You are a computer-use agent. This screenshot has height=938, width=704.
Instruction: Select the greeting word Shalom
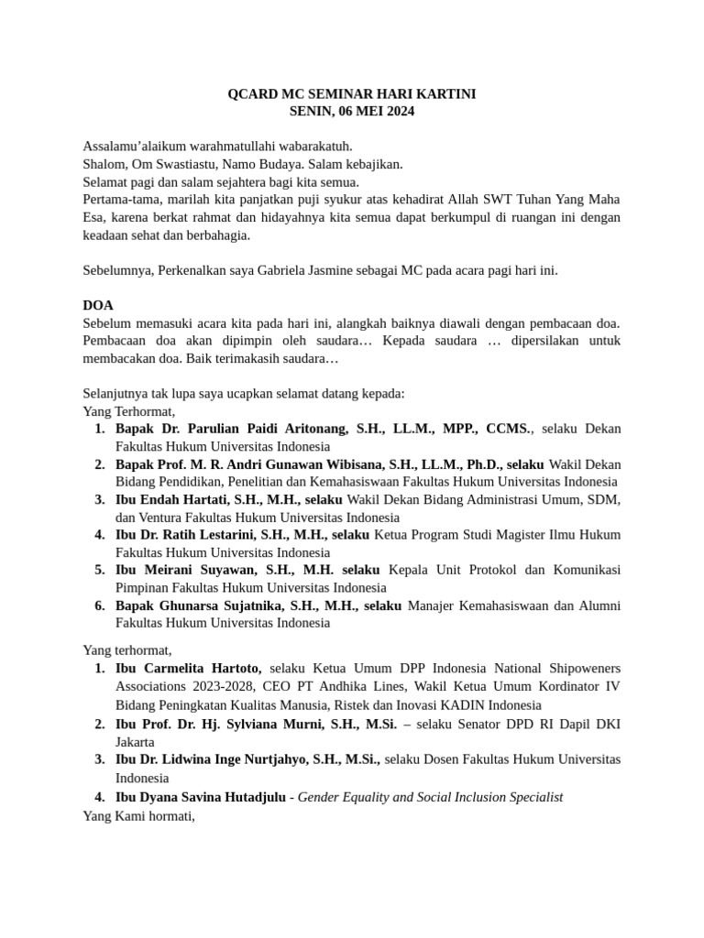pyautogui.click(x=104, y=164)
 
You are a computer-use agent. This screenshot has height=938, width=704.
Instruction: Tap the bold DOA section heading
pyautogui.click(x=98, y=305)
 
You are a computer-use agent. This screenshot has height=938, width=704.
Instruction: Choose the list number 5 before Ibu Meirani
pyautogui.click(x=99, y=570)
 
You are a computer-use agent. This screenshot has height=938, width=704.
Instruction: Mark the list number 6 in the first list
pyautogui.click(x=99, y=605)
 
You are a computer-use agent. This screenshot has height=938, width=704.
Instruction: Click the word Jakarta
pyautogui.click(x=135, y=741)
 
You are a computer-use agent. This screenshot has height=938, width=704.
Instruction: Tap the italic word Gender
pyautogui.click(x=319, y=797)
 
